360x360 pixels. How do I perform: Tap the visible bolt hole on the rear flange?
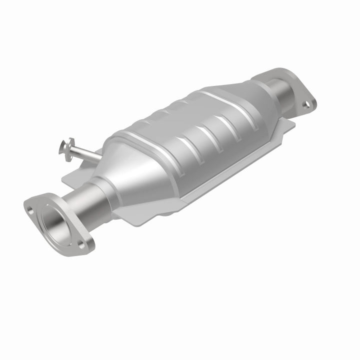click(305, 104)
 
